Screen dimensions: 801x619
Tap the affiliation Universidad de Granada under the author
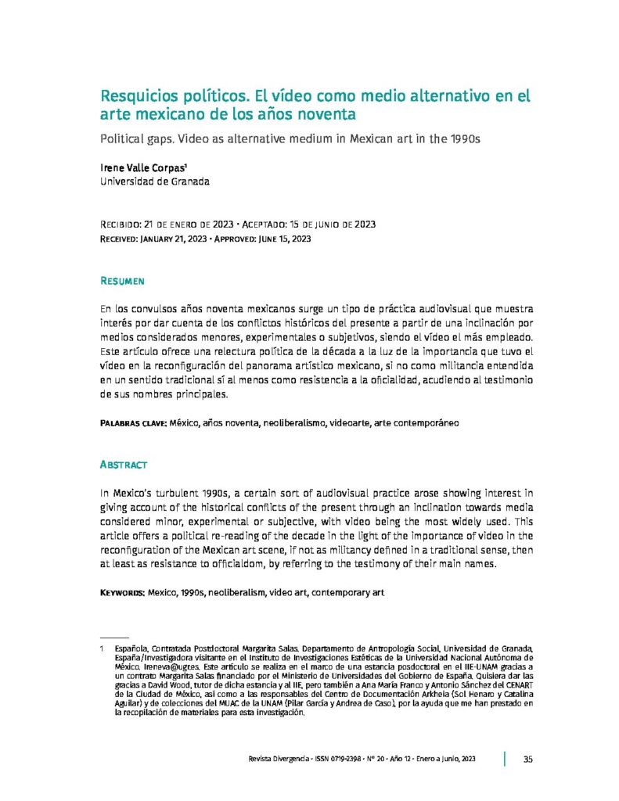[x=155, y=182]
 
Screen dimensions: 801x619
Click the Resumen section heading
[x=122, y=280]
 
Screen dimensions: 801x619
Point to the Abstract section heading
[x=124, y=465]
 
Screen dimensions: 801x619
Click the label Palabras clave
[x=133, y=422]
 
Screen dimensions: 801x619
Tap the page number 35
[x=528, y=760]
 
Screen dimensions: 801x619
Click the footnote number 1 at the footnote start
[x=103, y=649]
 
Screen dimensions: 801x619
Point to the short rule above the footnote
[x=114, y=638]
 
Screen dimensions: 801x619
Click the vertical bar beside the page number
[x=505, y=759]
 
